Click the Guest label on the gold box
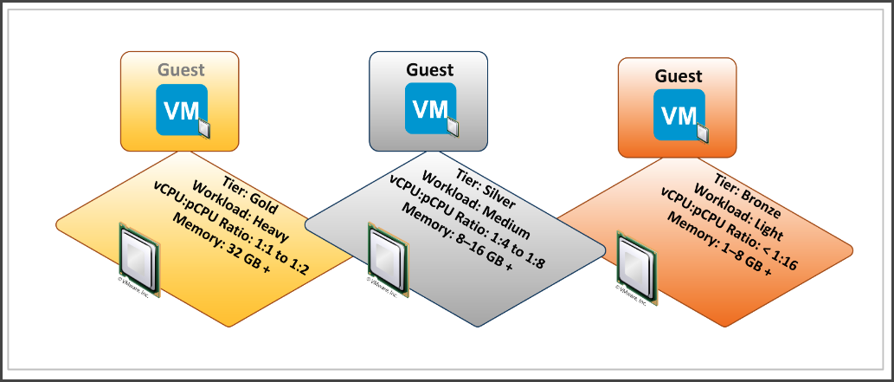pos(180,70)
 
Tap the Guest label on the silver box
pos(430,69)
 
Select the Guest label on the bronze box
pos(679,76)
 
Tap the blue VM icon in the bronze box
pos(680,115)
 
